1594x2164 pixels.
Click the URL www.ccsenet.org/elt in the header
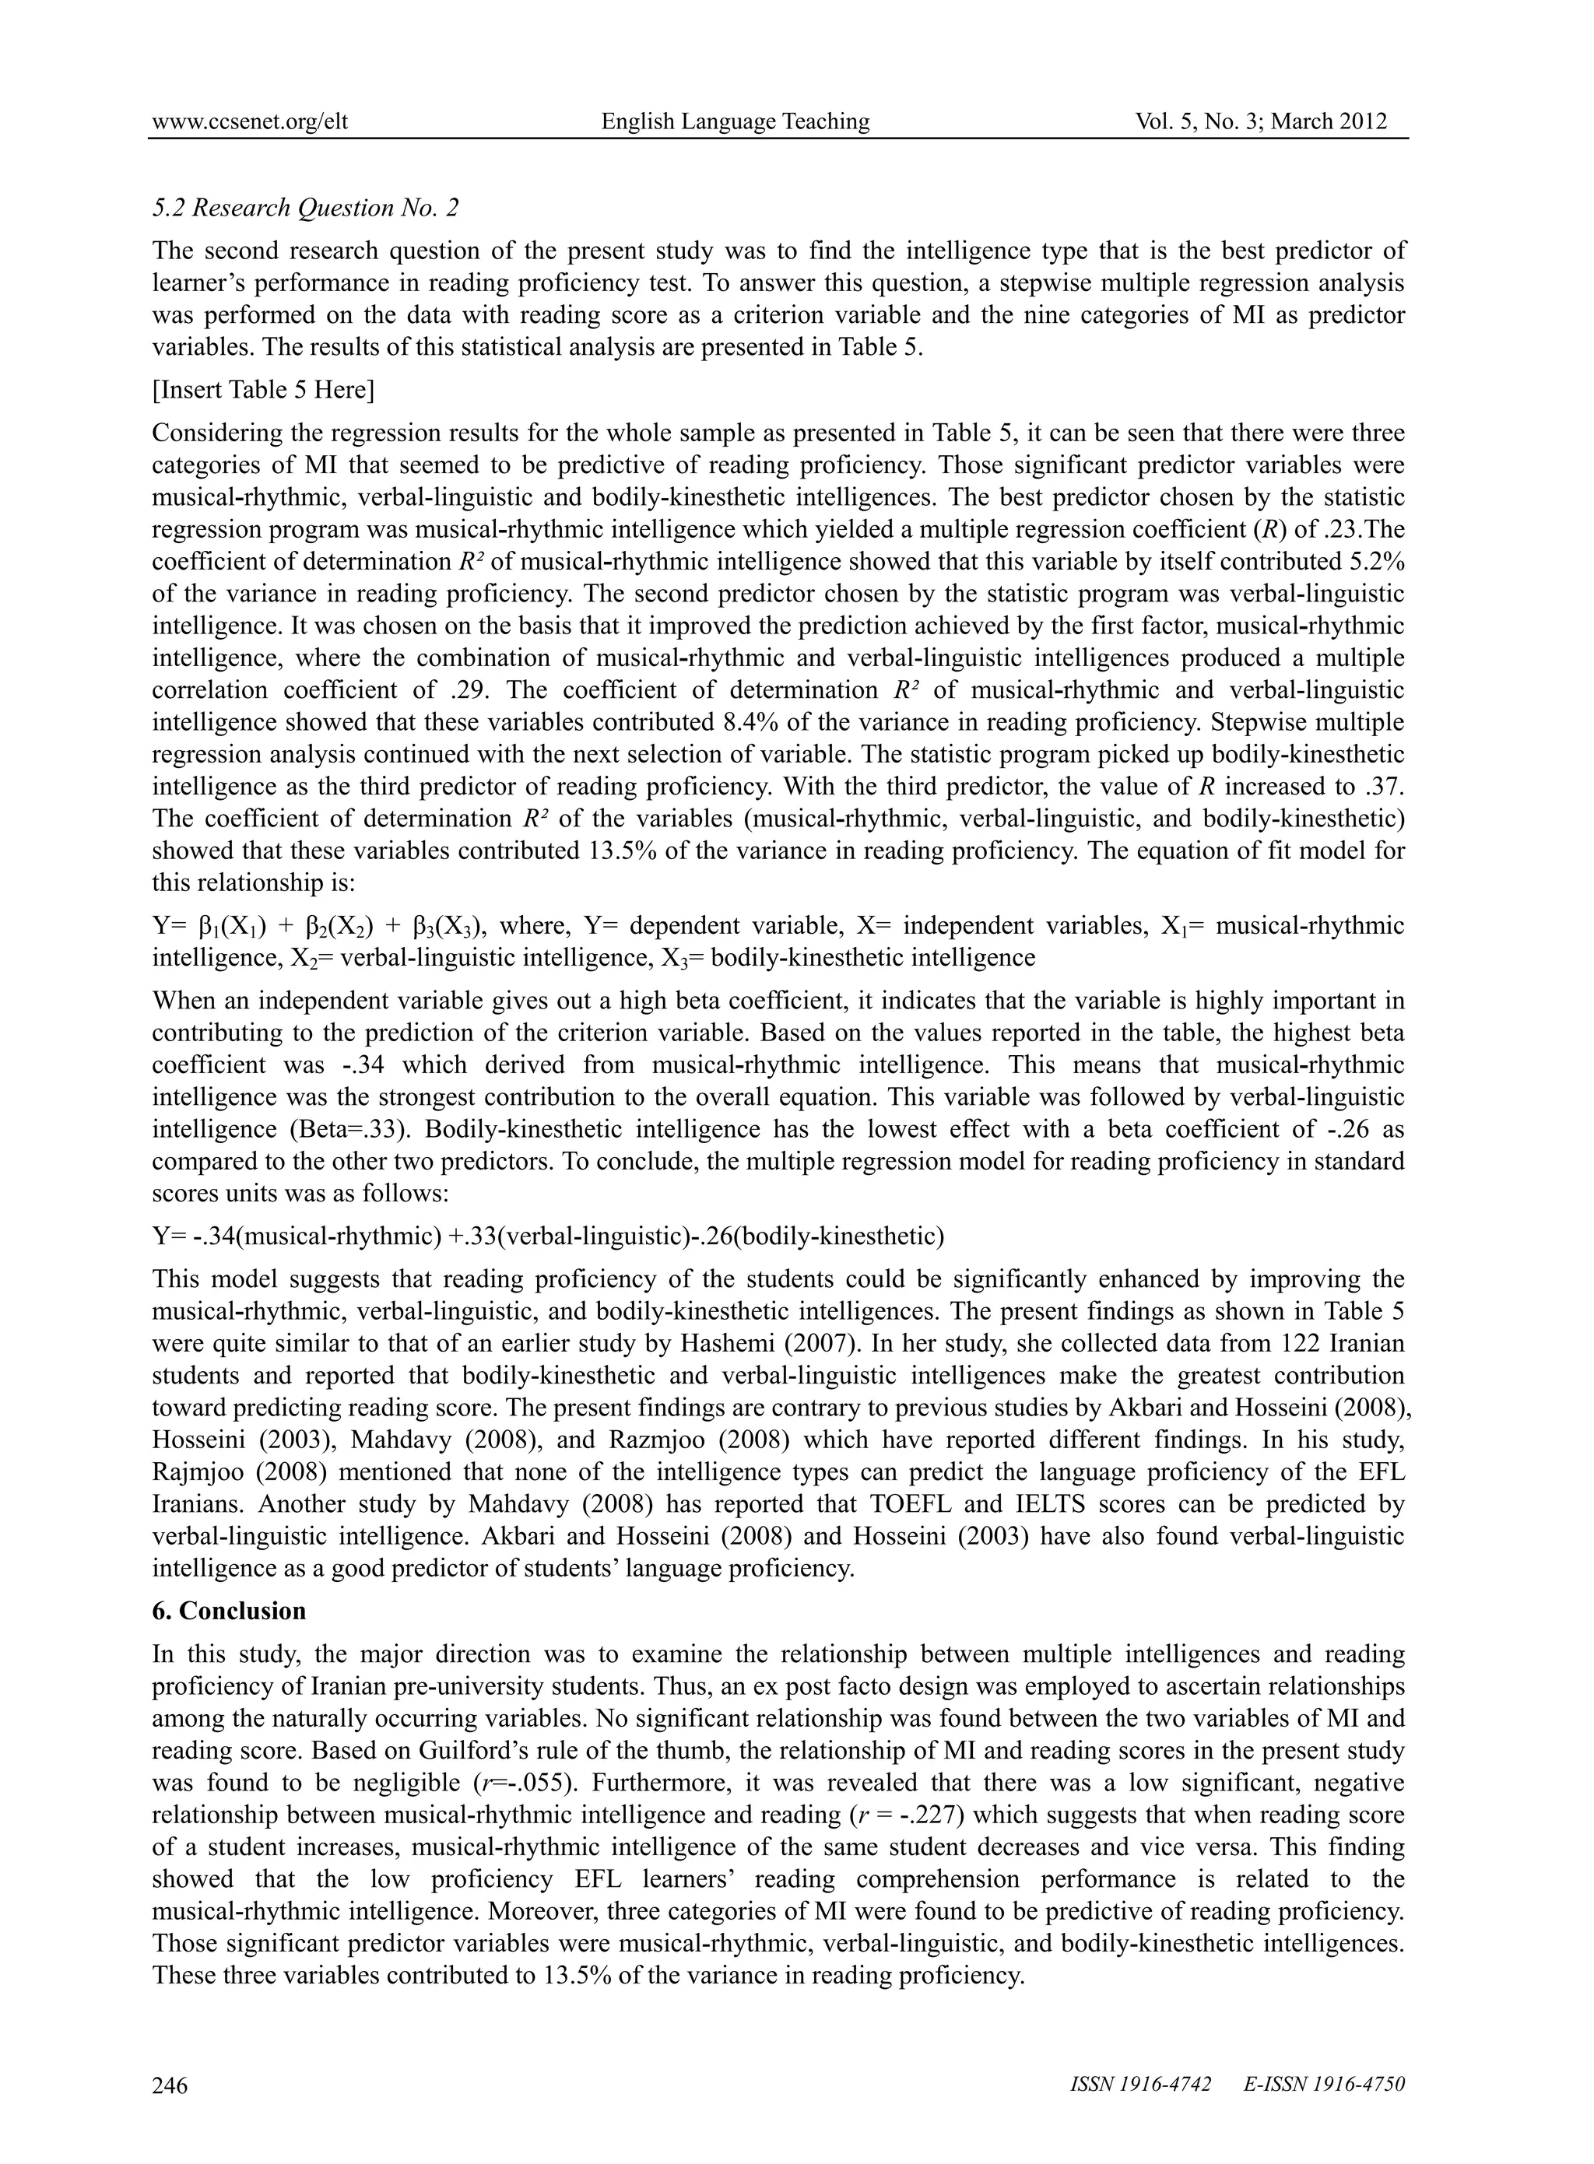pos(250,121)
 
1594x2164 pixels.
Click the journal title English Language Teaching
pos(736,121)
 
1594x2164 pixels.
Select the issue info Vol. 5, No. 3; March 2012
pos(1261,121)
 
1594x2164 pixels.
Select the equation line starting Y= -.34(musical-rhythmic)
pos(548,1236)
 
